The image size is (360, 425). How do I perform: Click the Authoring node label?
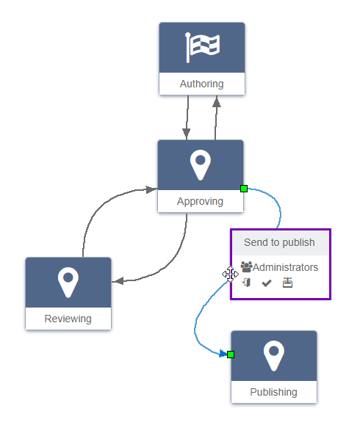coord(201,84)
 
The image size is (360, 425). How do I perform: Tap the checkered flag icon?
coord(202,48)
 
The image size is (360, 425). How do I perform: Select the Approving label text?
coord(201,201)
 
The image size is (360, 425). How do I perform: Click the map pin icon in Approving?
coord(201,165)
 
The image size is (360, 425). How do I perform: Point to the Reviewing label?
coord(68,319)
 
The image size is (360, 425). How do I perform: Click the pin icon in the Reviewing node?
coord(68,283)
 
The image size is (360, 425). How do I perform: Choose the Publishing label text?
coord(273,392)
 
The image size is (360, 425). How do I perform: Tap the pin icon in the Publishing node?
coord(274,356)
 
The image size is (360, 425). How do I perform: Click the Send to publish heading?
coord(279,242)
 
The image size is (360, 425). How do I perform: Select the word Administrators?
coord(285,267)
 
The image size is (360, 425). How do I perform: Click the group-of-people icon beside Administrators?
coord(246,266)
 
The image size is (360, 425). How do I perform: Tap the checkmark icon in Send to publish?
coord(267,283)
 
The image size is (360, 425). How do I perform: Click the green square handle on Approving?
coord(244,189)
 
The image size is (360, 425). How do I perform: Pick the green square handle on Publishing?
coord(231,355)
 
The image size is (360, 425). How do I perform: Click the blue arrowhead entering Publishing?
coord(223,354)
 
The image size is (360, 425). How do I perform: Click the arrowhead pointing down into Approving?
coord(187,134)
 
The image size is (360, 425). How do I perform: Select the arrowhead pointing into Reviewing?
coord(118,281)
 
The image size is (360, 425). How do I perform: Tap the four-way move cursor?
coord(230,275)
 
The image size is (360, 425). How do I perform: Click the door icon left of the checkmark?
coord(246,283)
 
